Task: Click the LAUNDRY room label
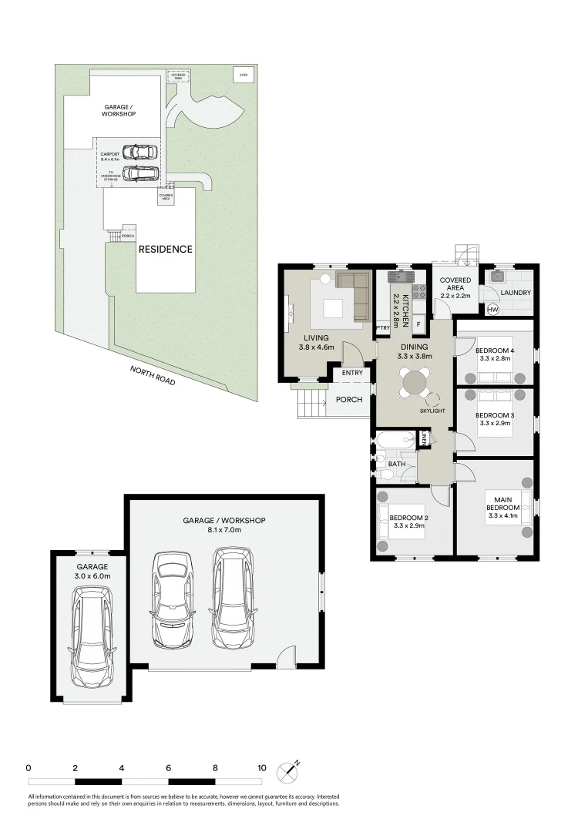point(516,294)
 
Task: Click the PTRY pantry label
point(382,327)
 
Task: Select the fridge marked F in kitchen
point(419,324)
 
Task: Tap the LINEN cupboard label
point(425,439)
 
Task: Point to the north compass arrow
point(291,769)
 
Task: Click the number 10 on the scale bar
point(262,768)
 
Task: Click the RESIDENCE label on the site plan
point(165,250)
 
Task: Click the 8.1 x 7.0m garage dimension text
point(223,530)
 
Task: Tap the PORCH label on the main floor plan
point(349,400)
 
